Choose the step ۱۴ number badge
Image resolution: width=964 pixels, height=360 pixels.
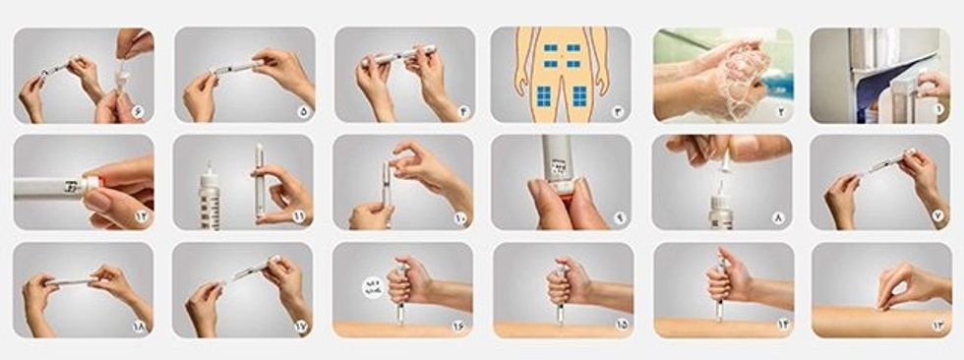click(779, 326)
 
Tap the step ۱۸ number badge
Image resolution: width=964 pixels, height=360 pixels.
click(138, 326)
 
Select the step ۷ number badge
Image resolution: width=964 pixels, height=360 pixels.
click(940, 217)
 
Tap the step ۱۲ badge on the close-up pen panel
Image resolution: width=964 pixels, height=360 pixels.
click(138, 217)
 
